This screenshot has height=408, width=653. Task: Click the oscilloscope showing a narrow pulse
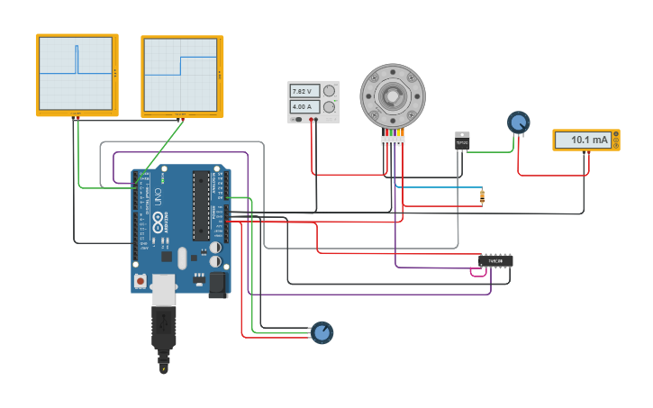pos(77,74)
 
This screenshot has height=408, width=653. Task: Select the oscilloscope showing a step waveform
pos(182,75)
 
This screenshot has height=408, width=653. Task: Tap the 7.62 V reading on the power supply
pos(302,92)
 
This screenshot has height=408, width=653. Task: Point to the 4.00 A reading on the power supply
pos(302,106)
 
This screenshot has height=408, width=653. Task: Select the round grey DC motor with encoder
pos(392,95)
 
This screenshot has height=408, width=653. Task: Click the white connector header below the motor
pos(392,141)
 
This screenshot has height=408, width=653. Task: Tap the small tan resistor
pos(482,196)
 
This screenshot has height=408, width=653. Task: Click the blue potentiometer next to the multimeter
pos(518,122)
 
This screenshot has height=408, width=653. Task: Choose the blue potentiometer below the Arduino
pos(322,332)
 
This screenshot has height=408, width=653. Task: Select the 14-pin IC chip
pos(495,261)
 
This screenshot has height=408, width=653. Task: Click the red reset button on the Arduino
pos(141,281)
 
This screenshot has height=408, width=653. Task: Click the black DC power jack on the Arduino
pos(218,285)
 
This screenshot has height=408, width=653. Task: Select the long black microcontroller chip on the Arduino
pos(201,205)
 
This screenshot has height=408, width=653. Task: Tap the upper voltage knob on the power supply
pos(329,92)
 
